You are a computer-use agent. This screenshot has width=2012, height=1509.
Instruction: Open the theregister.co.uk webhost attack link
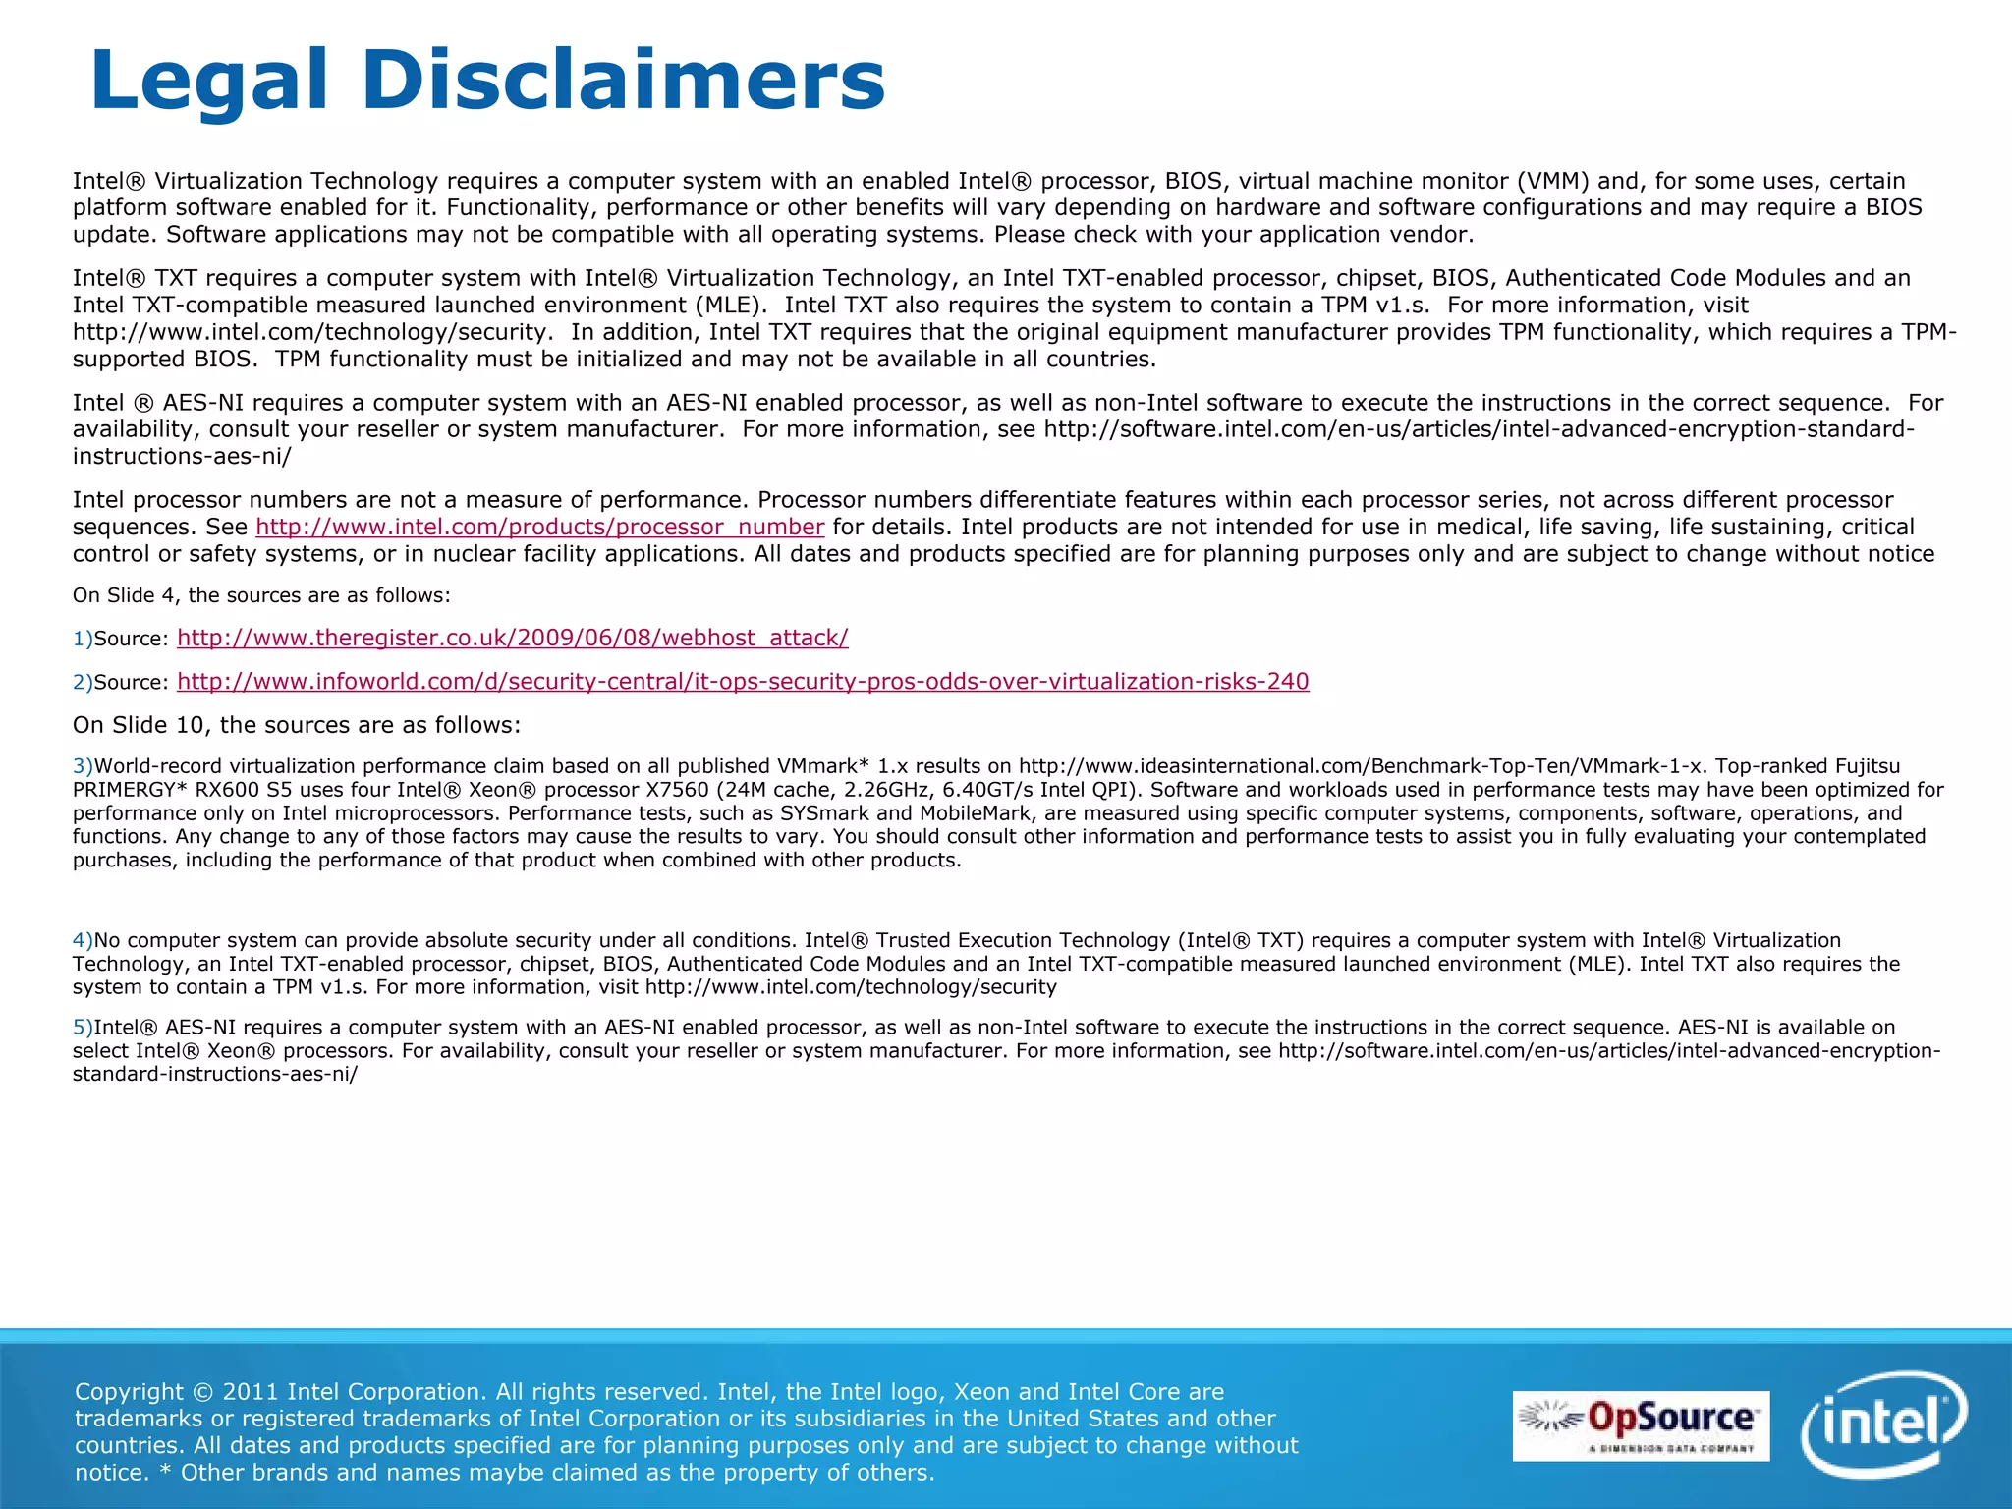512,638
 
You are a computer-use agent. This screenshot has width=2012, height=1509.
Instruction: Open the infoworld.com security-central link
743,681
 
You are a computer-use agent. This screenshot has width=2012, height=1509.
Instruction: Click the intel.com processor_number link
539,527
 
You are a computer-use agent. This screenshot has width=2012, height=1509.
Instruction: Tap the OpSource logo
1640,1425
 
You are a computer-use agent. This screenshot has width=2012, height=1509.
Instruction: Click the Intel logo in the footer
1883,1424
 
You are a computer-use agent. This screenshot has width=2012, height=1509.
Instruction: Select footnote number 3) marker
83,766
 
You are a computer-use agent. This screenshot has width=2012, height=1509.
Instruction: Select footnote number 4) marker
83,940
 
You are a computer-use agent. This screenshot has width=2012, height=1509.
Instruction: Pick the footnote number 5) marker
83,1028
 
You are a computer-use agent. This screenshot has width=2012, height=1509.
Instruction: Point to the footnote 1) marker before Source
83,639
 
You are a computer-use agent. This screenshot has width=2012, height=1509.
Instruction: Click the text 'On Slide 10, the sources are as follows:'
297,725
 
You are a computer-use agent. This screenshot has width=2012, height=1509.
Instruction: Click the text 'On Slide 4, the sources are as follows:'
261,595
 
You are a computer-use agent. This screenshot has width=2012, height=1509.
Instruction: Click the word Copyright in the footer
129,1391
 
